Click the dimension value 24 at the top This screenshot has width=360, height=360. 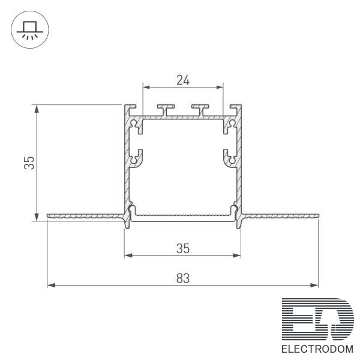coord(183,80)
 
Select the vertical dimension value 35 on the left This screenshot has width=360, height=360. coord(29,163)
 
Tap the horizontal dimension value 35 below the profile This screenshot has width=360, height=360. coord(183,248)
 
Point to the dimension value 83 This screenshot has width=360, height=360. coord(183,278)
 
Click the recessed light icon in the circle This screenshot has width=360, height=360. coord(30,31)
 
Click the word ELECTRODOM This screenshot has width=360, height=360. coord(317,349)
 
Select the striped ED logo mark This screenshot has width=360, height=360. coord(318,319)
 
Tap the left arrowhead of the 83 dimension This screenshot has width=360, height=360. coord(51,286)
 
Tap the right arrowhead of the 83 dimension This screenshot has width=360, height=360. coord(314,286)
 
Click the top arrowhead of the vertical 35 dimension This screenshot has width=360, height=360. coord(37,109)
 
